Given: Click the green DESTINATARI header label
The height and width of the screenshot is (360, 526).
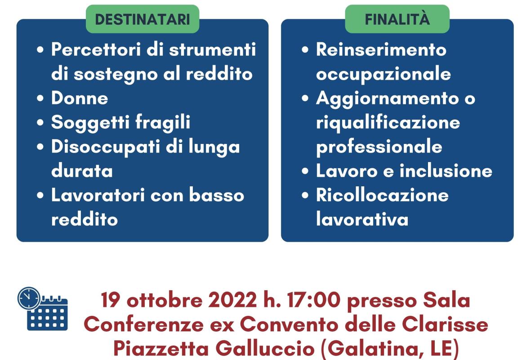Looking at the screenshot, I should pyautogui.click(x=142, y=19).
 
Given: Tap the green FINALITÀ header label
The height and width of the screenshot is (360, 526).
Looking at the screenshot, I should pyautogui.click(x=397, y=19).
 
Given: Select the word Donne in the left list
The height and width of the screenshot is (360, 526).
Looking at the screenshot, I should pyautogui.click(x=80, y=98).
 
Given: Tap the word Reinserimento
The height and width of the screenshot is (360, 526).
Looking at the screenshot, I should pyautogui.click(x=381, y=49).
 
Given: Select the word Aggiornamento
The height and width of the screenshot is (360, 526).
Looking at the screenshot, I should pyautogui.click(x=389, y=98).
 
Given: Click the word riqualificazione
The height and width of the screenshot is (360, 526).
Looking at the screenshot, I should pyautogui.click(x=388, y=122).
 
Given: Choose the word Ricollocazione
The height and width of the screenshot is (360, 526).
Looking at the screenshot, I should pyautogui.click(x=382, y=195).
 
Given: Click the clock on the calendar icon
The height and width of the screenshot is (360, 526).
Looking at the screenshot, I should pyautogui.click(x=29, y=298).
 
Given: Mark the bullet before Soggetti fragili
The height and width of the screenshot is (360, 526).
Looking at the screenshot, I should pyautogui.click(x=41, y=123).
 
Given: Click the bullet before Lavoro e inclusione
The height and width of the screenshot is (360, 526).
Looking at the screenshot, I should pyautogui.click(x=306, y=171).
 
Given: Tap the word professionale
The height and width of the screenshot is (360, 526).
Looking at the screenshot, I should pyautogui.click(x=379, y=147).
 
